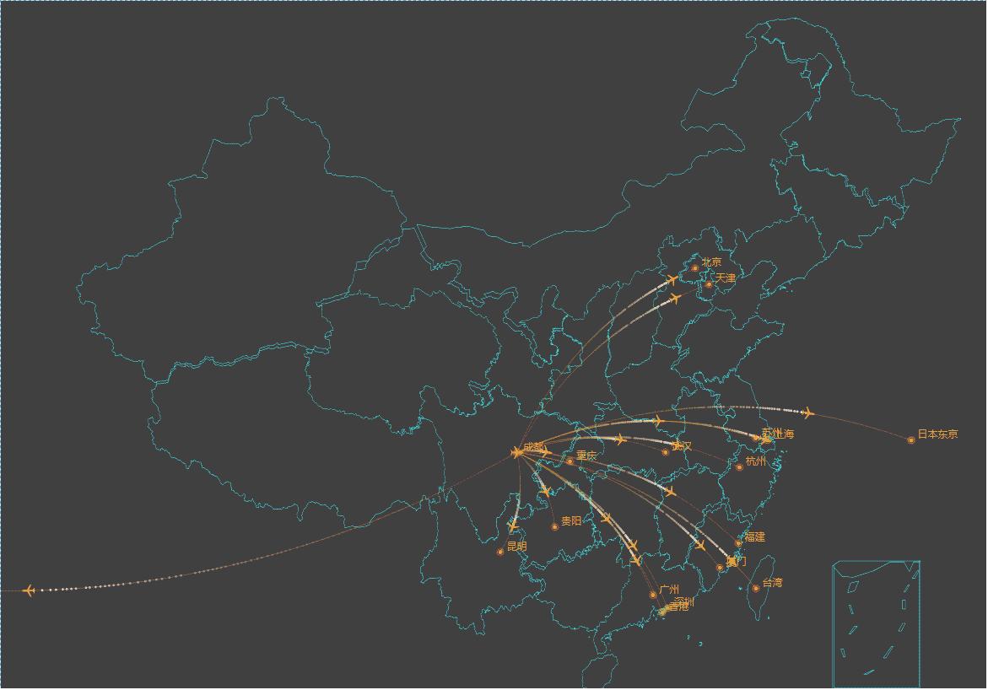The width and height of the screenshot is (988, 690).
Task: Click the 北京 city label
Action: coord(712,262)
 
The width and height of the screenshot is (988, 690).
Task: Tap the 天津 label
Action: coord(726,278)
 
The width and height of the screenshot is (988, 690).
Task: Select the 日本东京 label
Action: coord(937,434)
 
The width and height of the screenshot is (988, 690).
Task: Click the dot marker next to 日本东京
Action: coord(911,439)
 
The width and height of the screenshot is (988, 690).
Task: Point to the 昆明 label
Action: coord(516,547)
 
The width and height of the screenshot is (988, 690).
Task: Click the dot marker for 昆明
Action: coord(500,552)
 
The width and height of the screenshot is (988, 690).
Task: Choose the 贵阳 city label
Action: coord(571,521)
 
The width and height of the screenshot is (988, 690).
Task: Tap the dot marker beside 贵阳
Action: coord(555,526)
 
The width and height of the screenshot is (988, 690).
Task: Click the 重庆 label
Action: coord(586,456)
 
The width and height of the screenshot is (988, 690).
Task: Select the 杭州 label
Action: coord(756,461)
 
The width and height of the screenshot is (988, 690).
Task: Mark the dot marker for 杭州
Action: coord(740,466)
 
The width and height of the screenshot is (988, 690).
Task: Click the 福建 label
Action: coord(754,537)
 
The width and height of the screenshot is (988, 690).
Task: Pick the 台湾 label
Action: coord(772,583)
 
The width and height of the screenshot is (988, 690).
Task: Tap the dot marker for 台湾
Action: coord(756,588)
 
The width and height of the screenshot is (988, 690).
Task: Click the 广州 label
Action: coord(669,590)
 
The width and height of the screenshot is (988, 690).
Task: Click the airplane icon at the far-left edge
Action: coord(30,590)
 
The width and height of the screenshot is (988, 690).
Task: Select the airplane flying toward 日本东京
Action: coord(808,412)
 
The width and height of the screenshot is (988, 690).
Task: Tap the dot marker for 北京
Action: coord(695,268)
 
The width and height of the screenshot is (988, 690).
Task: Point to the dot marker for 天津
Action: coord(709,284)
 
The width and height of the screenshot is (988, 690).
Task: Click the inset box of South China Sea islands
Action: coord(876,623)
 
